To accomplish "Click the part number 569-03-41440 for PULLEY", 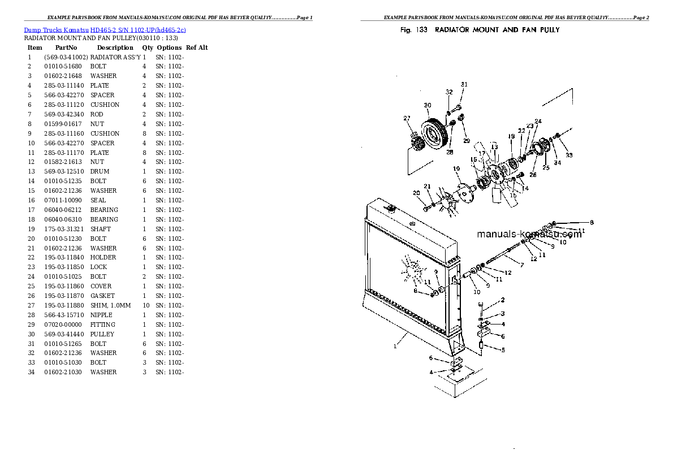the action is tap(64, 334).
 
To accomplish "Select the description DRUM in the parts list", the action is tap(100, 171).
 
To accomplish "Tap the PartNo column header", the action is tap(66, 47).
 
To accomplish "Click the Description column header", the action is tap(115, 47).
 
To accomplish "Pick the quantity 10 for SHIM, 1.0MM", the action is tap(146, 305).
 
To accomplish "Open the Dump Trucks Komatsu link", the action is tap(56, 30).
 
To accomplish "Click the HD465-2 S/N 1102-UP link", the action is tap(138, 30).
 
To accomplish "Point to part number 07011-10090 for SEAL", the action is tap(63, 200).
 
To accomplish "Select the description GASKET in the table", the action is tap(102, 296).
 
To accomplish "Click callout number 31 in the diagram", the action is tap(464, 85).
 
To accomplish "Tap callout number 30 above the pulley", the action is tap(428, 105).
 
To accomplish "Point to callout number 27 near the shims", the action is tap(407, 119).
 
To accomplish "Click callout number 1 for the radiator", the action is tap(395, 346).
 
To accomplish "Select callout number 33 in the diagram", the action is tap(569, 155).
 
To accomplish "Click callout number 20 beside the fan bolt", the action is tap(416, 193).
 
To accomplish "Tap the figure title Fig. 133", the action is tap(414, 30).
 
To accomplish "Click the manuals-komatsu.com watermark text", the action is tap(529, 234).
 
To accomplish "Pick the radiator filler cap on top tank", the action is tap(391, 209).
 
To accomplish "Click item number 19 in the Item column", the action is tap(31, 229).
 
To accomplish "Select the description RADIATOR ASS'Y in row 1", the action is tap(115, 57).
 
